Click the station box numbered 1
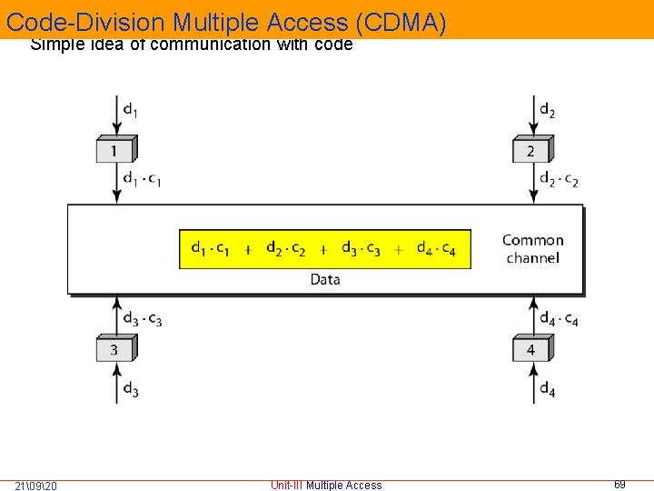(x=115, y=150)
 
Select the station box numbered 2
(x=532, y=150)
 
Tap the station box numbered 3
(x=115, y=349)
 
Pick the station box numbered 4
(x=532, y=349)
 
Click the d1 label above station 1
(x=131, y=111)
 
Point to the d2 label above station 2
(x=548, y=111)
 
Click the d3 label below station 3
(x=131, y=389)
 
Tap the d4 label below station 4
(x=548, y=389)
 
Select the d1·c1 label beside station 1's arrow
(x=143, y=179)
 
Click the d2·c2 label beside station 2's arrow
(x=560, y=179)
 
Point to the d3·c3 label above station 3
(x=143, y=318)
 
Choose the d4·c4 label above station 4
(x=560, y=318)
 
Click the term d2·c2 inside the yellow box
(x=286, y=248)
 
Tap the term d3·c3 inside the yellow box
(x=361, y=248)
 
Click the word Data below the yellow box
(x=325, y=279)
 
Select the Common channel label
(x=533, y=249)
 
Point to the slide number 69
(x=619, y=485)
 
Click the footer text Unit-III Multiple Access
(x=326, y=486)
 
